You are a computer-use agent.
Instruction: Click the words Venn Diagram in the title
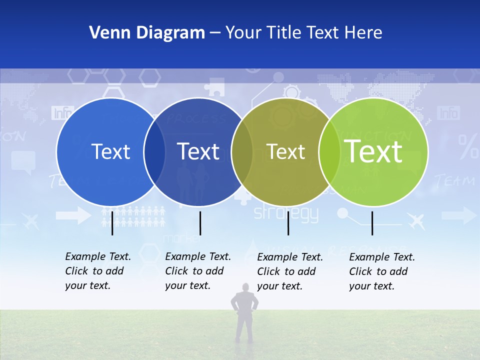pos(147,33)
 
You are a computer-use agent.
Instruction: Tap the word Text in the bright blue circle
pos(110,151)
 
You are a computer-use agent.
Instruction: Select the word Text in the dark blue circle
pos(198,151)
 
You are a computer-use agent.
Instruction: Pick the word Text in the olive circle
pos(285,151)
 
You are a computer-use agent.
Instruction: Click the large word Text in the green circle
pos(373,151)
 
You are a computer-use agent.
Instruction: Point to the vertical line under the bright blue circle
pos(112,223)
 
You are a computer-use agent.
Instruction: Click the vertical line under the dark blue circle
pos(200,223)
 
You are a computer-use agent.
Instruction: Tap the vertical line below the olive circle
pos(288,223)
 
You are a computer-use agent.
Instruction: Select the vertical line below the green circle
pos(372,223)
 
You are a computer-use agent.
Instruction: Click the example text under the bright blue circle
pos(97,271)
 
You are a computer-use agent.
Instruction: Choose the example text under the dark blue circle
pos(197,271)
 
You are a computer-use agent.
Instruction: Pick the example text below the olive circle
pos(289,271)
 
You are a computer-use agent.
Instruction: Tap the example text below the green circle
pos(381,271)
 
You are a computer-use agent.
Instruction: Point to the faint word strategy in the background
pos(286,214)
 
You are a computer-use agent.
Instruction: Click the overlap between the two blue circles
pos(154,151)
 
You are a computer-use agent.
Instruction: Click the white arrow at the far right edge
pos(459,215)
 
